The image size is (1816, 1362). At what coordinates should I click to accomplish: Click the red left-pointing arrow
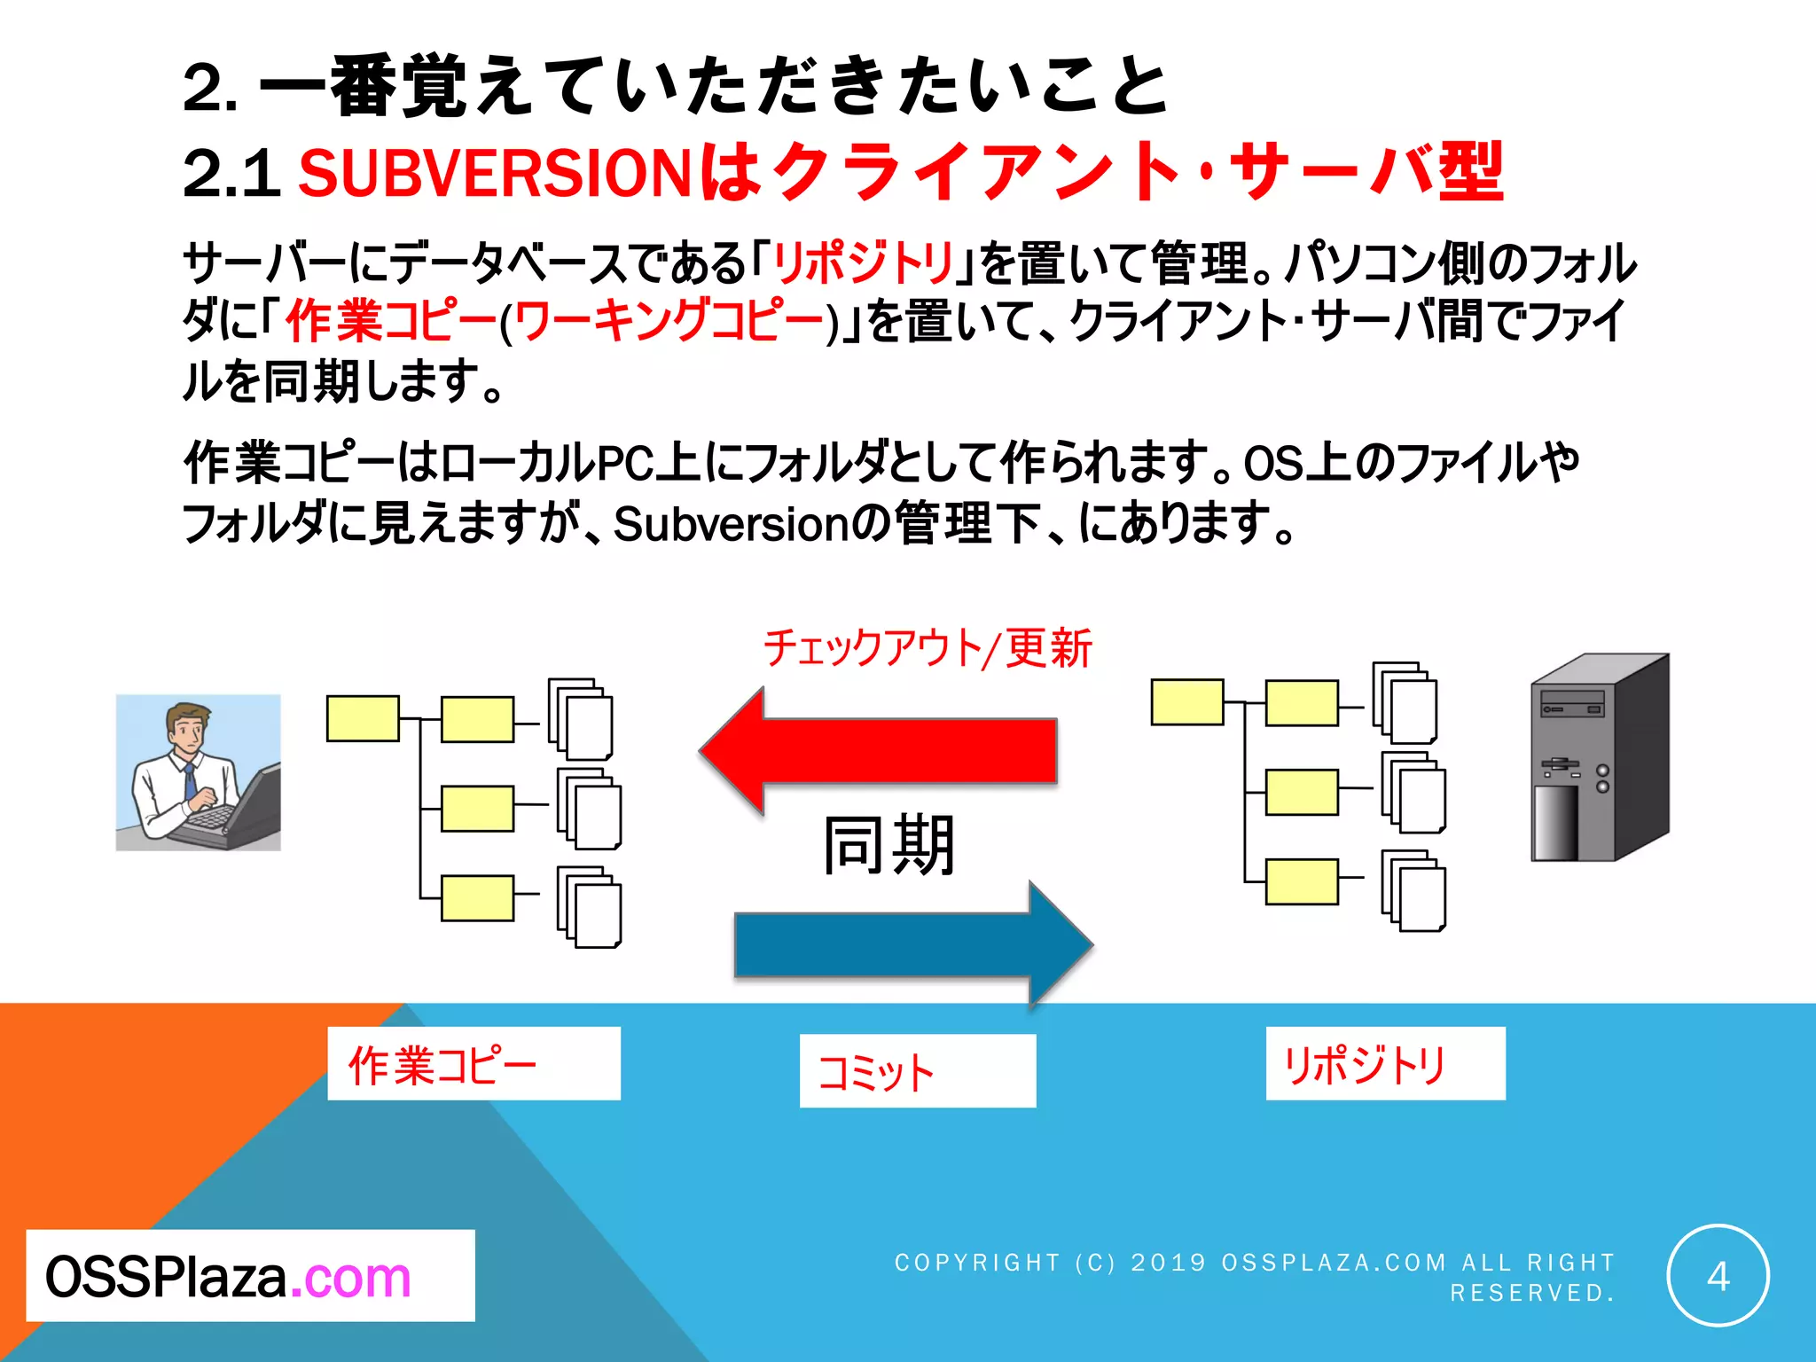coord(878,751)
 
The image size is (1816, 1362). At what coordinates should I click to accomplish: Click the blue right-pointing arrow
coord(913,945)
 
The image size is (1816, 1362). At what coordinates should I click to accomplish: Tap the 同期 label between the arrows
coord(889,846)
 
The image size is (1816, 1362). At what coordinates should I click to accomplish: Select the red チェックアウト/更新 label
coord(928,648)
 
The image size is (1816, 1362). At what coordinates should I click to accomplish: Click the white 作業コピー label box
coord(474,1063)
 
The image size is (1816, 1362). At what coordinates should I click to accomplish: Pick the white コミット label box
coord(917,1070)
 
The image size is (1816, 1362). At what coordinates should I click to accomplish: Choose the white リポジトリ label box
coord(1385,1063)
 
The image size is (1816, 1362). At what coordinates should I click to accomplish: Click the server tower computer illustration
coord(1600,758)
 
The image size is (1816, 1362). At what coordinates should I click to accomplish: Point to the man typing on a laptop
coord(199,772)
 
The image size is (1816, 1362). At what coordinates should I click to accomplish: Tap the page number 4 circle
coord(1718,1275)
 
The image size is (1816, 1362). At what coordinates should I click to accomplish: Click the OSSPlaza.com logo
coord(250,1275)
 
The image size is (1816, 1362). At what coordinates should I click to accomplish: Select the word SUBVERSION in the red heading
coord(495,172)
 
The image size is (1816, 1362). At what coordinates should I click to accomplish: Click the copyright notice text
coord(1255,1277)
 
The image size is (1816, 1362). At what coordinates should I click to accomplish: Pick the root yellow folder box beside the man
coord(363,718)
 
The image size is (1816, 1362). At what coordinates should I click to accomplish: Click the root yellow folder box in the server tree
coord(1186,702)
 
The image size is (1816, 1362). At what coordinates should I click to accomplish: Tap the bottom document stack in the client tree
coord(590,907)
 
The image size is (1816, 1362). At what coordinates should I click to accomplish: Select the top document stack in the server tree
coord(1405,702)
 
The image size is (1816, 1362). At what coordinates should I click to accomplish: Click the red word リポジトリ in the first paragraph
coord(863,262)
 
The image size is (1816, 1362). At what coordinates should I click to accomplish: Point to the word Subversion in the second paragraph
coord(732,524)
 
